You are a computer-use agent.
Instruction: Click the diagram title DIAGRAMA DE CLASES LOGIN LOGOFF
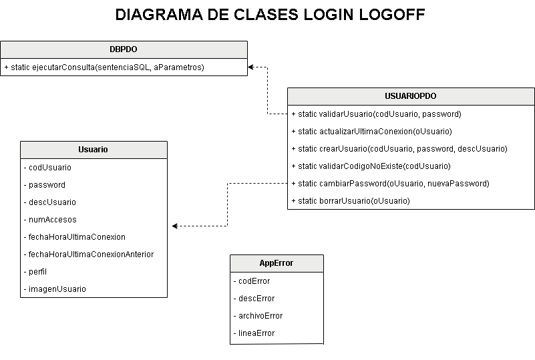pos(270,15)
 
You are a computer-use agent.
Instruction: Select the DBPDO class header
pos(124,49)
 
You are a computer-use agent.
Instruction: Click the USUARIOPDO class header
pos(411,96)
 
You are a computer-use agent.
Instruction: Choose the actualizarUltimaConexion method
pos(371,132)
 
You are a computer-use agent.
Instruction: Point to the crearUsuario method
pos(399,149)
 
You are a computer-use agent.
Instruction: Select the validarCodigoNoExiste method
pos(371,166)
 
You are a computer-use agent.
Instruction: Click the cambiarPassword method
pos(390,184)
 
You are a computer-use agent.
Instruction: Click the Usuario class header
pos(94,150)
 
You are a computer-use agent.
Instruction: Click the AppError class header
pos(277,263)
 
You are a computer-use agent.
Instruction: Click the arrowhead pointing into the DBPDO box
pos(251,67)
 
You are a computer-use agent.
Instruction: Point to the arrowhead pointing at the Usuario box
pos(175,226)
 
